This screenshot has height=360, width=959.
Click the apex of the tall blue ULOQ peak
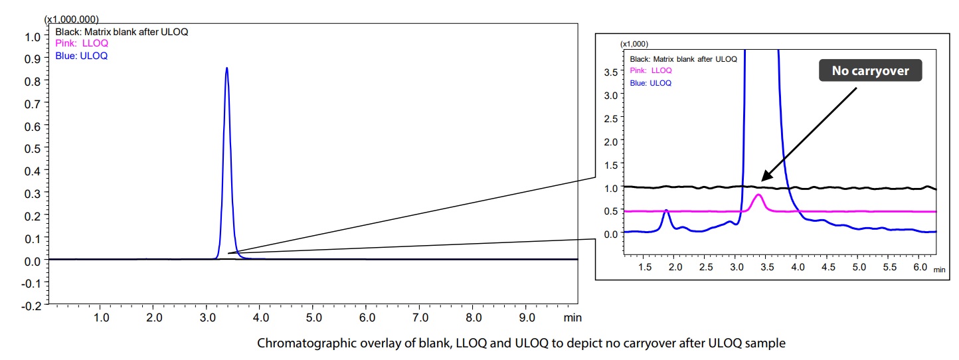(x=226, y=68)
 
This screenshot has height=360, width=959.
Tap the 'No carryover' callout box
(x=870, y=70)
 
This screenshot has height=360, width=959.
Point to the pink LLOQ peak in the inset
(x=758, y=195)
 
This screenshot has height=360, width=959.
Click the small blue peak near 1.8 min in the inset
(x=666, y=211)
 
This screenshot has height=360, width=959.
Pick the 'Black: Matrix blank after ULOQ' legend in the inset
(x=683, y=59)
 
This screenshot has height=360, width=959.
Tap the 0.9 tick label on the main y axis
(x=32, y=58)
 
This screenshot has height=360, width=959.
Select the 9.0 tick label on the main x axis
(x=527, y=317)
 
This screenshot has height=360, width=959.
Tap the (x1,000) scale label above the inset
(x=634, y=44)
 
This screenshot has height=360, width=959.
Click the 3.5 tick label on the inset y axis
(x=610, y=71)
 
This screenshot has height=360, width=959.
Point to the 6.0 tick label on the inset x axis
(x=920, y=266)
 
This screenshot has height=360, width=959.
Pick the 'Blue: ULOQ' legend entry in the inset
(x=651, y=83)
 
